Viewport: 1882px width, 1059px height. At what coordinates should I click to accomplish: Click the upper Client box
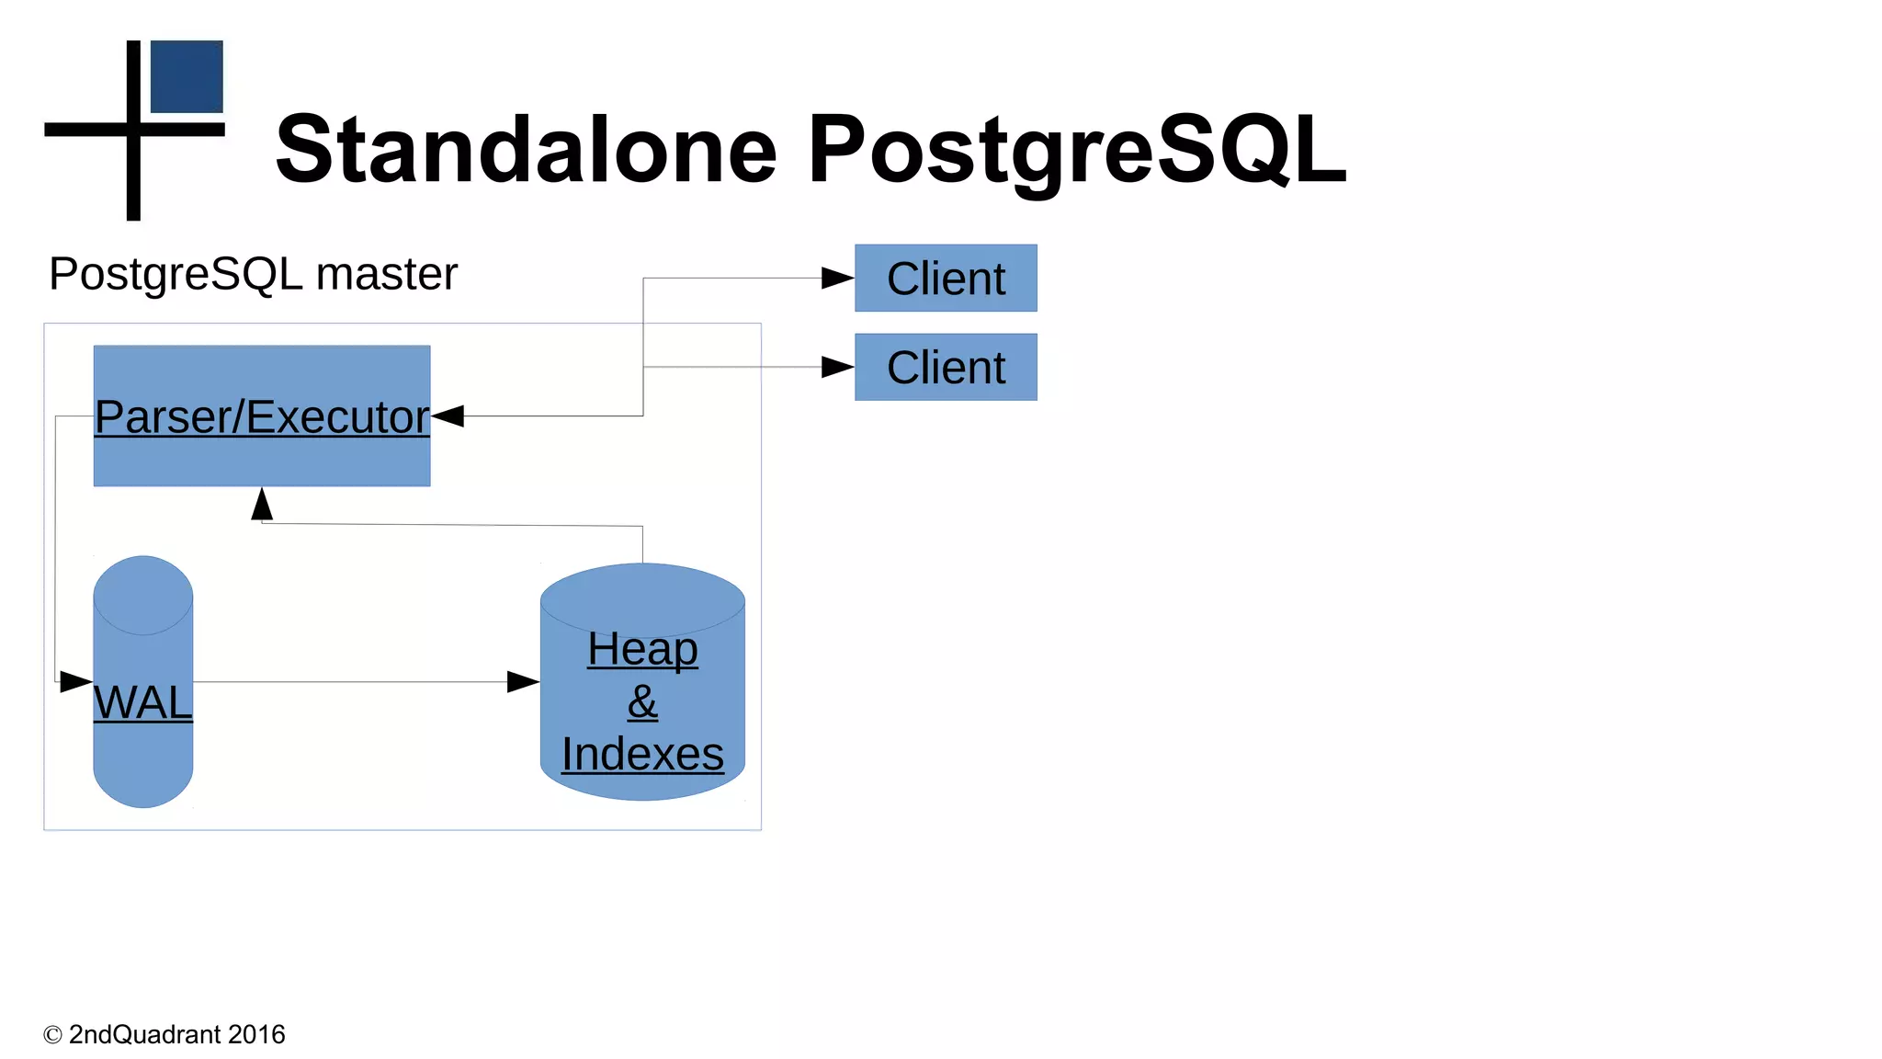coord(946,278)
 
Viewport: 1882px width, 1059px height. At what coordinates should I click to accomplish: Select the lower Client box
coord(946,367)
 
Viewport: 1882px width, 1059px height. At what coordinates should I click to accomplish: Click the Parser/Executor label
coord(262,416)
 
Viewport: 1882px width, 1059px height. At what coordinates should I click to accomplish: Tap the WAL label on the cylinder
coord(143,702)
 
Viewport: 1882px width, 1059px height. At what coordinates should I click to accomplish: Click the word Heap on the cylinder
coord(642,649)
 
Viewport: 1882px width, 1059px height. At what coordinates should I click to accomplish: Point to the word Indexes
coord(642,754)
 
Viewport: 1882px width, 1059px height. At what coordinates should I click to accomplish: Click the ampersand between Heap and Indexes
coord(642,702)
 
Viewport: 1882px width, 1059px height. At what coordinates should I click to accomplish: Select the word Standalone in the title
coord(526,149)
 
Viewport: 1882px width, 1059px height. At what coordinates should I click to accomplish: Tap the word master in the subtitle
coord(386,274)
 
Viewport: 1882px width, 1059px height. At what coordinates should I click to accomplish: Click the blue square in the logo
coord(187,76)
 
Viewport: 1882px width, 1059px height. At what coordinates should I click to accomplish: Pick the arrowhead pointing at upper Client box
coord(837,278)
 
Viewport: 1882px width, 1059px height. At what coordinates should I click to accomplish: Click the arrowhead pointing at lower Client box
coord(837,367)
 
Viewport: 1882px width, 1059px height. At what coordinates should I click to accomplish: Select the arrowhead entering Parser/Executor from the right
coord(448,416)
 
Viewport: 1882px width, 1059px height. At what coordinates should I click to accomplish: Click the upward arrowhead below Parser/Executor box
coord(262,505)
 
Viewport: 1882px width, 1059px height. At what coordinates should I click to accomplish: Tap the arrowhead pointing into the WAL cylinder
coord(75,682)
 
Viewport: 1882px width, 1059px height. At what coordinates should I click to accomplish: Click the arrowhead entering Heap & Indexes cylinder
coord(523,682)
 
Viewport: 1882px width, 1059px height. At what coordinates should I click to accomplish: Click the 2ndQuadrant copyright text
coord(164,1034)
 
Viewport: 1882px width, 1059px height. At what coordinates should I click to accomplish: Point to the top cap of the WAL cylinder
coord(143,593)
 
